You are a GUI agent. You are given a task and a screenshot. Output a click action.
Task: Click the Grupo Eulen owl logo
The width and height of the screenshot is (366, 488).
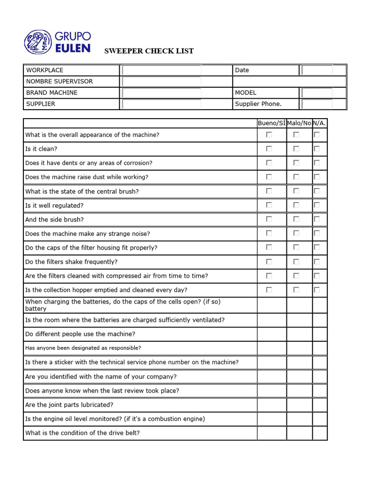tap(37, 42)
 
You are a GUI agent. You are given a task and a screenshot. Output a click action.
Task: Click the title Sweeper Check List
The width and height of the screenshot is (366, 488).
tap(149, 51)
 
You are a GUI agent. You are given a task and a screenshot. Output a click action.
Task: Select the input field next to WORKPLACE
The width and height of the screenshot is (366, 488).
tap(162, 70)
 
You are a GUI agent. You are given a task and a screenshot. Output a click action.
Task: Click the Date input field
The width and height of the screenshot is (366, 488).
tap(317, 70)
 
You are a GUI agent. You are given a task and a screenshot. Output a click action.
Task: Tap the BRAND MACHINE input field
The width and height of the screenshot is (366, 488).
tap(162, 92)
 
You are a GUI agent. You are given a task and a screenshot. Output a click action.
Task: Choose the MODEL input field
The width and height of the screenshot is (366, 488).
tap(317, 92)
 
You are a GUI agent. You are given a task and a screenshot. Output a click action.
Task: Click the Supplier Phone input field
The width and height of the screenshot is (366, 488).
tap(317, 104)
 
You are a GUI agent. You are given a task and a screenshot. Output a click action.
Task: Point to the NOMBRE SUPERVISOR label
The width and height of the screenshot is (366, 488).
tap(60, 81)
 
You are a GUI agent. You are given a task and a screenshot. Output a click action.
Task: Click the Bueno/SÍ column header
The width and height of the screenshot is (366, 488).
tap(272, 123)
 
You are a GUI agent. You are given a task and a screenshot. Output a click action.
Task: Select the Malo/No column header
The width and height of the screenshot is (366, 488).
tap(299, 123)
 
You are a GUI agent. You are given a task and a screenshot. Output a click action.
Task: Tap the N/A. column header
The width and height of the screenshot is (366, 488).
tap(319, 123)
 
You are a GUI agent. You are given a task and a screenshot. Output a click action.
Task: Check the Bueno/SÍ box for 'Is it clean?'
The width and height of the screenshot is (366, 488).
tap(269, 149)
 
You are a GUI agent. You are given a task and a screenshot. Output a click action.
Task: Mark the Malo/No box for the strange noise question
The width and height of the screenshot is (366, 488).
tap(296, 234)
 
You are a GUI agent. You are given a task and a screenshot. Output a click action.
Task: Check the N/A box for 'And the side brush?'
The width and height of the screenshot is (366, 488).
tap(317, 219)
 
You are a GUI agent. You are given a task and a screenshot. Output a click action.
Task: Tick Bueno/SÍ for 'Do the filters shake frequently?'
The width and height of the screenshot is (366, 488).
tap(269, 262)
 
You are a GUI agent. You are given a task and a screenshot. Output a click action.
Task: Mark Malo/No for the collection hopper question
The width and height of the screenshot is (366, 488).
tap(296, 290)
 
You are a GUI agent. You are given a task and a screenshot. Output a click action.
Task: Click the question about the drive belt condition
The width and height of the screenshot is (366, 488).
tap(82, 433)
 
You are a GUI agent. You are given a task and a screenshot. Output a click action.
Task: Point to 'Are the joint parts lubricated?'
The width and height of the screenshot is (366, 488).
tap(69, 405)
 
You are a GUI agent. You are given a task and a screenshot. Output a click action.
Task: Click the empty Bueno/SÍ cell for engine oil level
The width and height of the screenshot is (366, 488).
tap(272, 419)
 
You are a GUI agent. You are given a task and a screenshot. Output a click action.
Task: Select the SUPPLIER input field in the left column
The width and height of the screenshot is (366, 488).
tap(162, 104)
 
